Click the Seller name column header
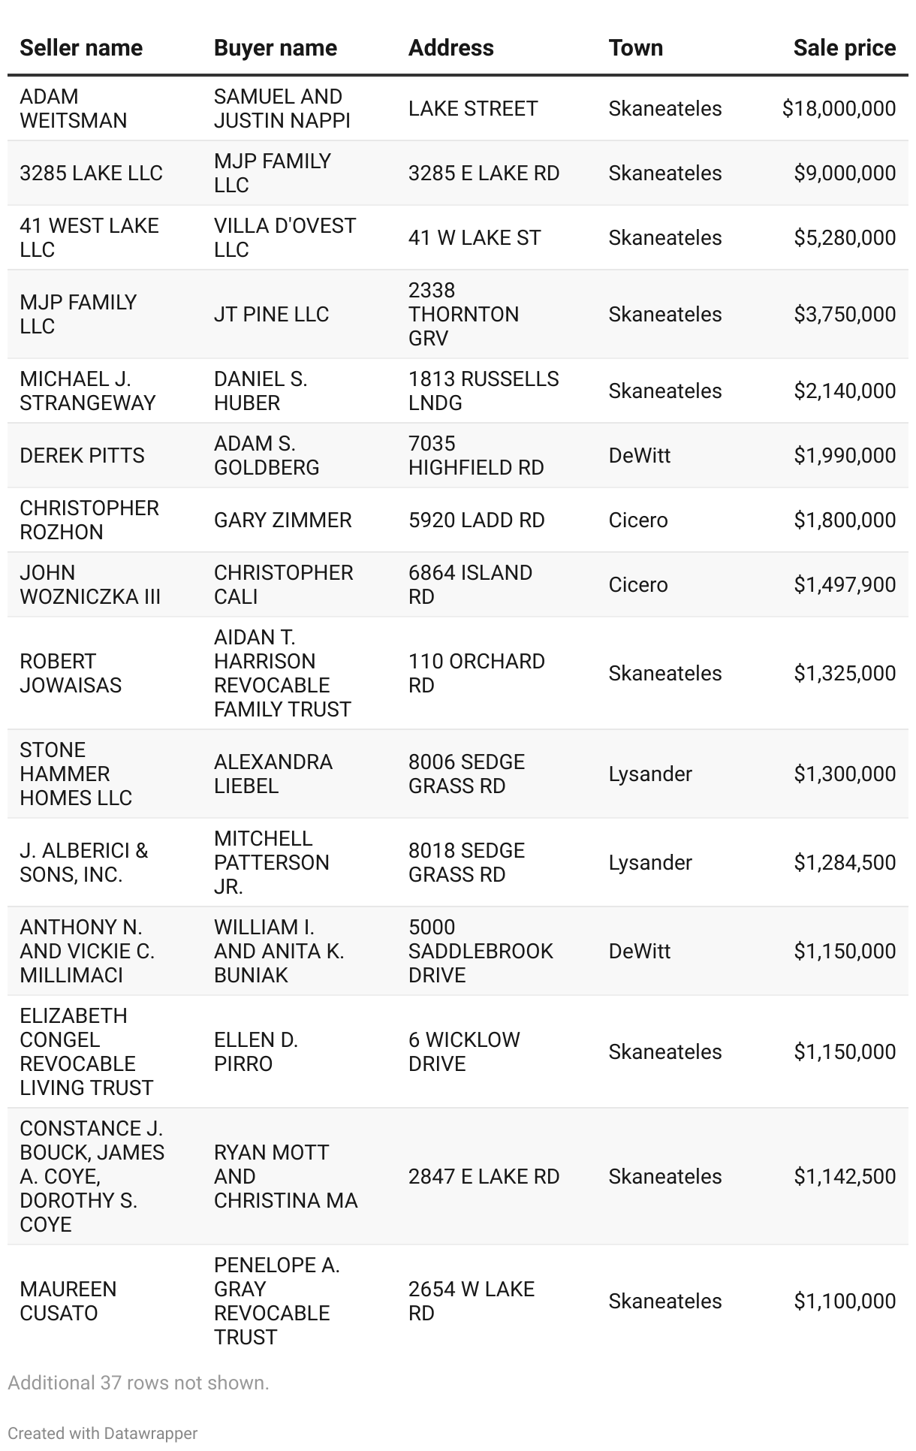tap(81, 48)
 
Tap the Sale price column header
tap(844, 48)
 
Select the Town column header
tap(635, 48)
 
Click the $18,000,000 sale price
tap(839, 109)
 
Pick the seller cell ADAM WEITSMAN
tap(73, 109)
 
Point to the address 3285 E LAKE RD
tap(484, 173)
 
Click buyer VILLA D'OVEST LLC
tap(285, 238)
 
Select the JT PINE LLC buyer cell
tap(271, 315)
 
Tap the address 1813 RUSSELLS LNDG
tap(483, 391)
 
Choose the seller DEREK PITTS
tap(82, 456)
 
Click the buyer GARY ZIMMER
tap(282, 520)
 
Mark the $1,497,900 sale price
tap(845, 585)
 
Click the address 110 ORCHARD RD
tap(476, 674)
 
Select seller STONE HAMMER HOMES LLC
tap(75, 774)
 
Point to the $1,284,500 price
tap(845, 863)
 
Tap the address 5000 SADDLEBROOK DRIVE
tap(480, 952)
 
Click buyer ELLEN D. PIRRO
tap(255, 1052)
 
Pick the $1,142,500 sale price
tap(845, 1177)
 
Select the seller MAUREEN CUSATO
tap(68, 1302)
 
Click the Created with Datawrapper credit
tap(103, 1433)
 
